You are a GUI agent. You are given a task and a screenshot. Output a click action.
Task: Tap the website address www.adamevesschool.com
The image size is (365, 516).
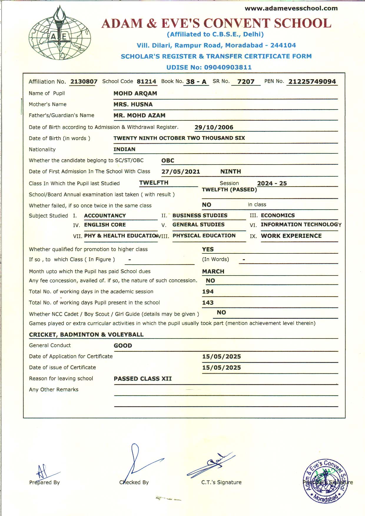(x=291, y=8)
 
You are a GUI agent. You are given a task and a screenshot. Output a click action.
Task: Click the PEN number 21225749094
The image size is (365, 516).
(x=312, y=82)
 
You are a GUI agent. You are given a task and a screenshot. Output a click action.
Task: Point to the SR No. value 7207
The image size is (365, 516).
(x=246, y=82)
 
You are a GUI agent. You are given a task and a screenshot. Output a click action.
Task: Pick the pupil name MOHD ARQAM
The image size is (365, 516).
(x=135, y=93)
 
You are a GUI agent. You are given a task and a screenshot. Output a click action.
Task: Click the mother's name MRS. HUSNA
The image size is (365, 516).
(x=133, y=104)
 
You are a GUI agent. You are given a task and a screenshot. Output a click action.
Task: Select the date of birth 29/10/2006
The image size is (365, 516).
(x=214, y=127)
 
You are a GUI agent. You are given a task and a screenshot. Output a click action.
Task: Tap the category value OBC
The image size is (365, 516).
(x=168, y=160)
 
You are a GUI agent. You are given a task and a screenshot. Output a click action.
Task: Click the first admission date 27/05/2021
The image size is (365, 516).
(x=181, y=172)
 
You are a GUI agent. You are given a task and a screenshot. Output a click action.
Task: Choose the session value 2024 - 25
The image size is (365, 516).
(x=272, y=183)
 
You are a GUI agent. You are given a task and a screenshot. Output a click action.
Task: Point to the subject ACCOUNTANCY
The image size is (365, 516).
(x=105, y=215)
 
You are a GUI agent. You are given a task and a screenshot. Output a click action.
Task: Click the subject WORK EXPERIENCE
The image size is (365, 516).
(x=291, y=236)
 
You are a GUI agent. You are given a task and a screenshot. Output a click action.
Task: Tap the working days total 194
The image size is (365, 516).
(x=208, y=292)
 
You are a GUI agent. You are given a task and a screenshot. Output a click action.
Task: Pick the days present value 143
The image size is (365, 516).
(x=208, y=303)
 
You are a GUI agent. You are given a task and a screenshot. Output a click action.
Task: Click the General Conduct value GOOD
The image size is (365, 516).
(x=123, y=346)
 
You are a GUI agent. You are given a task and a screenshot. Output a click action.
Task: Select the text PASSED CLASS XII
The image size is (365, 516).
(x=143, y=379)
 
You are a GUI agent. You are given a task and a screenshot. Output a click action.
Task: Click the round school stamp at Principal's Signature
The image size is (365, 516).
(x=326, y=481)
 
